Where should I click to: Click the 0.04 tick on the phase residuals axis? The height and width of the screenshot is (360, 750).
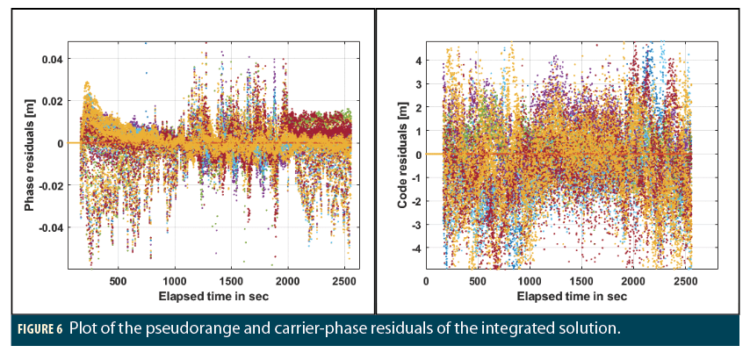point(52,60)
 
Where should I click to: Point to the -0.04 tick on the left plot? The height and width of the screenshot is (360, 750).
point(50,227)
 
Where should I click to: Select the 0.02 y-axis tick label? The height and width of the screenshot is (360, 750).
point(52,102)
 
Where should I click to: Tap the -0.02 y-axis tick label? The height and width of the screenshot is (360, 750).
point(50,185)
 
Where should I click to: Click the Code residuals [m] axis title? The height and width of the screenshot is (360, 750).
point(402,155)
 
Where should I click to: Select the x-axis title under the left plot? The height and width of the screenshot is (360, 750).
point(213,296)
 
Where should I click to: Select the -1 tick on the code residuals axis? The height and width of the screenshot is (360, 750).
point(417,178)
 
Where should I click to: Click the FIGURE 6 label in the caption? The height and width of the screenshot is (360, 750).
point(37,330)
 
